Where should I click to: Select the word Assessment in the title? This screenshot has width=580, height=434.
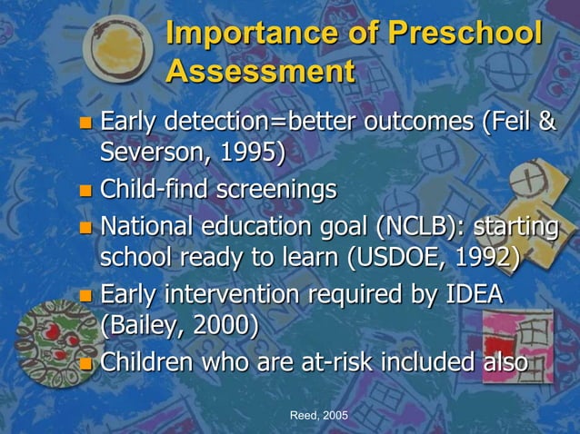(x=261, y=72)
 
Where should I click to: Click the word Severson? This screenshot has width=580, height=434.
(x=150, y=154)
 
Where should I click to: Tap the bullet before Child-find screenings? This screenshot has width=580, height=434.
(x=86, y=191)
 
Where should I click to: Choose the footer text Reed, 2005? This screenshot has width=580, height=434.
(x=318, y=415)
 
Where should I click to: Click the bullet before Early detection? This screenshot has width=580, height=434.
(x=86, y=122)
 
